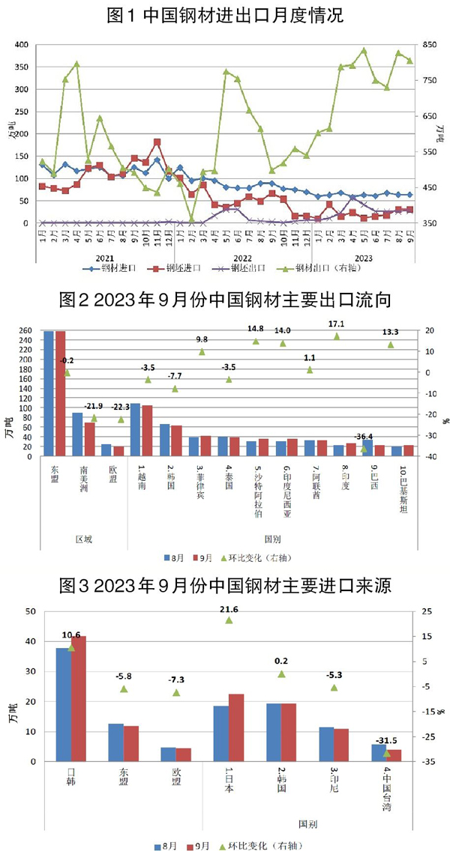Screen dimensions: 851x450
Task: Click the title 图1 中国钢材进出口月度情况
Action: [x=225, y=15]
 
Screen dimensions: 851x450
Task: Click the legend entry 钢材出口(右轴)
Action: [x=323, y=267]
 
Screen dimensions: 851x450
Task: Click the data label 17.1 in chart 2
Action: [x=336, y=324]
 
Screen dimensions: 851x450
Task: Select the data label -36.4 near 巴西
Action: [x=364, y=437]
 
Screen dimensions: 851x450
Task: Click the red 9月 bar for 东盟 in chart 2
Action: [x=61, y=393]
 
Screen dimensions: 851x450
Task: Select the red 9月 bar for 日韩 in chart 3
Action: [x=78, y=698]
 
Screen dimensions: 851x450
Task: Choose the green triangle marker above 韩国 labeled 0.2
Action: [x=282, y=674]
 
